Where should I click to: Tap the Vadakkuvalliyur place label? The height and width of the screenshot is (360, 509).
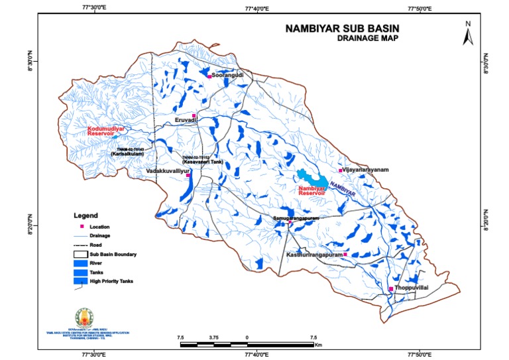(168, 170)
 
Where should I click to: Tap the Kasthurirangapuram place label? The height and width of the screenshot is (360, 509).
(314, 255)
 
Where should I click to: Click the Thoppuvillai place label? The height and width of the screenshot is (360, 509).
(412, 288)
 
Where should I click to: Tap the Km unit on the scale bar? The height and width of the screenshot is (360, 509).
(318, 345)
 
